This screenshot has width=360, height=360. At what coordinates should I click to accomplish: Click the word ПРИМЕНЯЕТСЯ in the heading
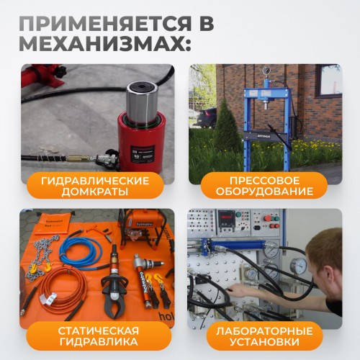pos(105,24)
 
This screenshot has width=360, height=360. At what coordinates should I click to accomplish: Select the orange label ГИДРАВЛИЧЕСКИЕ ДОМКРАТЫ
pos(95,186)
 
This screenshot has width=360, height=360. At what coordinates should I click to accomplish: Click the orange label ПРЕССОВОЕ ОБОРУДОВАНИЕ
pos(264,186)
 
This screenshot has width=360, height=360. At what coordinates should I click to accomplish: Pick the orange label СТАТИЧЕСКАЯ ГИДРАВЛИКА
pos(99,336)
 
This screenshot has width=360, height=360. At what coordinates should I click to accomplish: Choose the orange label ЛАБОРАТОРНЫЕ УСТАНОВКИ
pos(264,336)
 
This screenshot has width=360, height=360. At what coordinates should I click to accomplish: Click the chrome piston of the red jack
pos(142,102)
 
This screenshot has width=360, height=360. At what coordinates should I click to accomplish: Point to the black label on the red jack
pos(139,154)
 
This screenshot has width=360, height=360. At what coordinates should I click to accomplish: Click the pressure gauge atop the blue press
pos(266,71)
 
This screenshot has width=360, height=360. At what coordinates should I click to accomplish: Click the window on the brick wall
pos(328,80)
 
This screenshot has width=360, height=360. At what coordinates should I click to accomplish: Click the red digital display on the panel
pos(226,217)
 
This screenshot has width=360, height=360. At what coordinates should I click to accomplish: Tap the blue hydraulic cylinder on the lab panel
pos(236,246)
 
